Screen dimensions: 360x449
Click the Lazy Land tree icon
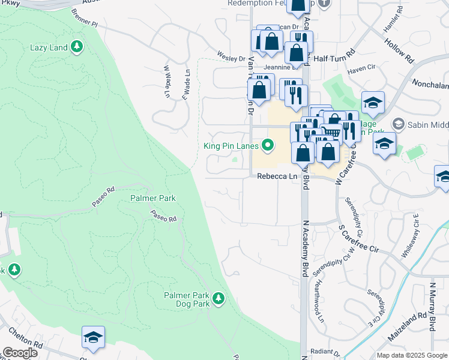tap(76, 47)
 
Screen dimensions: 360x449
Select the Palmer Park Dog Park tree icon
tap(218, 298)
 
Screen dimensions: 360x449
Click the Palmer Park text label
tap(153, 198)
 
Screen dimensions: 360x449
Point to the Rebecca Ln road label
tap(277, 176)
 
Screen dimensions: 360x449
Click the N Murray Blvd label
tap(432, 307)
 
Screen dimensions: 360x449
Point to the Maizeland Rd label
tap(407, 327)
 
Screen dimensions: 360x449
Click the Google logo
tap(20, 353)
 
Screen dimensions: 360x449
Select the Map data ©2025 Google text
tap(411, 355)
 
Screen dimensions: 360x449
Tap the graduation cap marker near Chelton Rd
tap(93, 338)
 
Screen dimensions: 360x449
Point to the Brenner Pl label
tap(84, 18)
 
